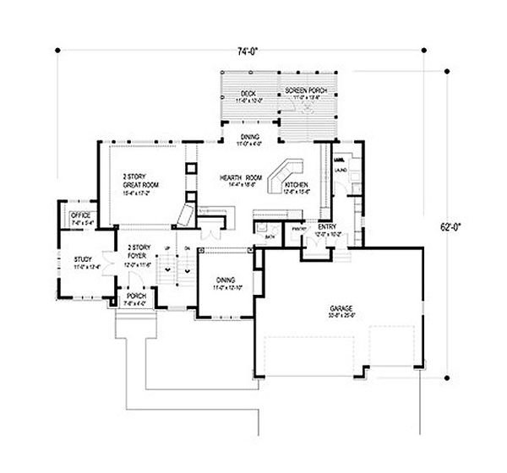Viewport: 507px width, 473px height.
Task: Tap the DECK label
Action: point(248,92)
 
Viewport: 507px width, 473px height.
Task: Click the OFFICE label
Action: point(80,216)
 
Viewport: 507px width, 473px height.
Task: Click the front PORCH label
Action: point(134,296)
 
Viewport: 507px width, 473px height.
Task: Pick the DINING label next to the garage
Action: point(225,280)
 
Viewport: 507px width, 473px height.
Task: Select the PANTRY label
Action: point(297,228)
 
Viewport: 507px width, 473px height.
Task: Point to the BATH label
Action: point(269,237)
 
